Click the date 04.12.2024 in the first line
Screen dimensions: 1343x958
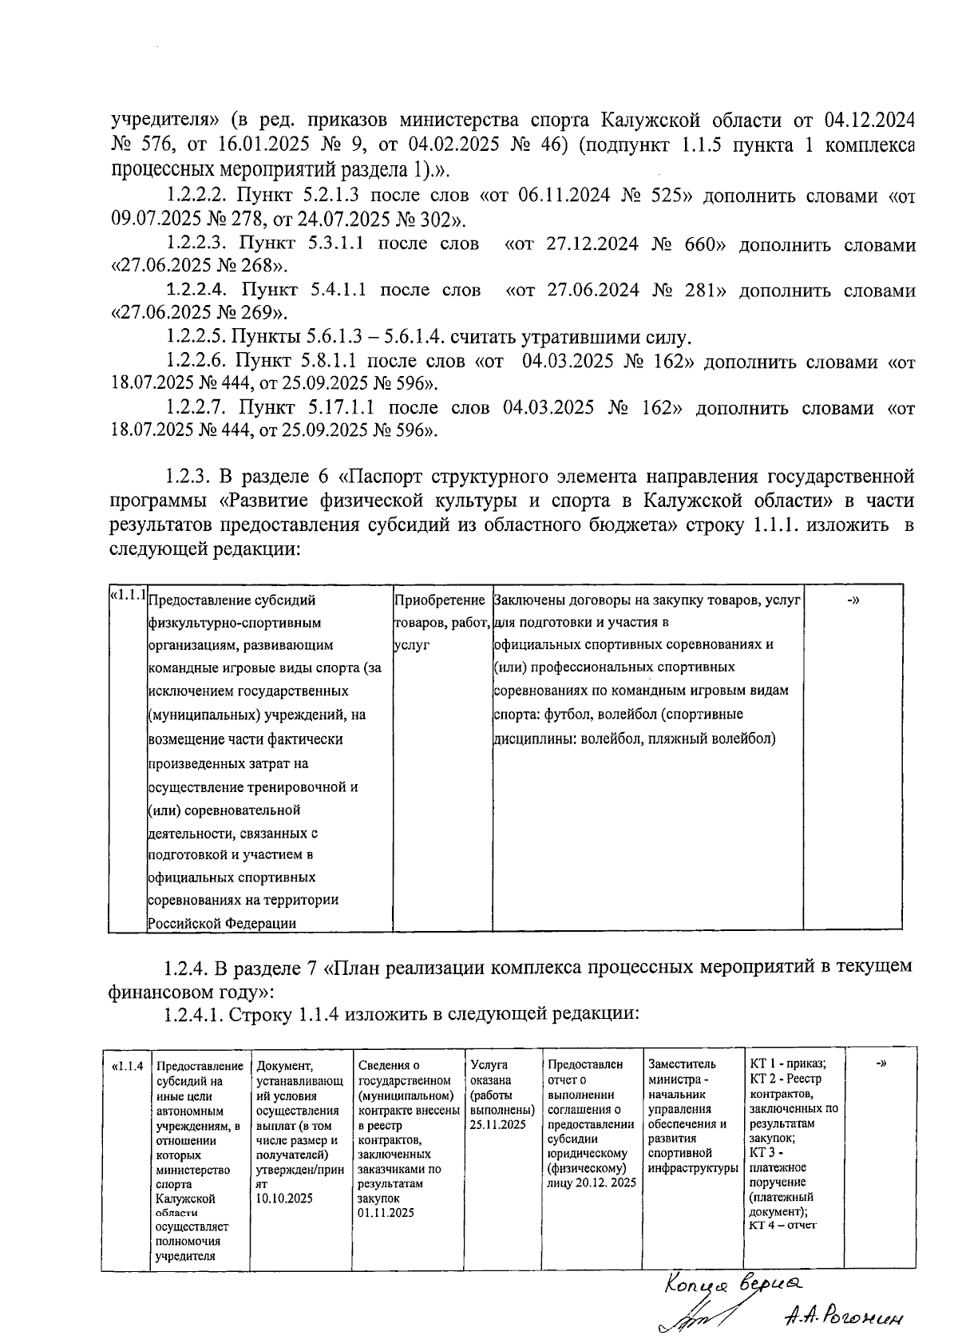coord(869,121)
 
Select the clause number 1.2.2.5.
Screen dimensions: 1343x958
coord(199,336)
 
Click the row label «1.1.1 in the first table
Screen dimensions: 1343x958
coord(128,595)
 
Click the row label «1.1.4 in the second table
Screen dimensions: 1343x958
coord(128,1066)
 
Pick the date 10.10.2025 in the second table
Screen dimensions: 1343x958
coord(284,1198)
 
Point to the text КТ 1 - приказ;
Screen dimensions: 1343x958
coord(788,1064)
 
